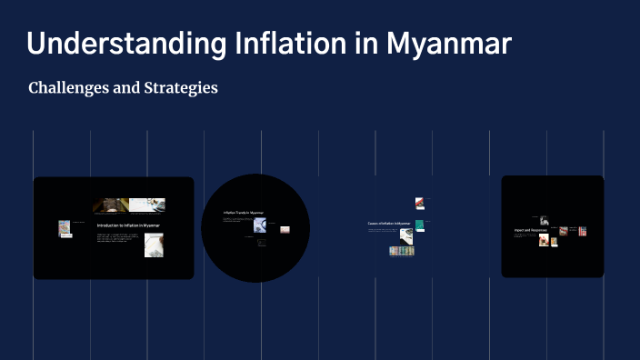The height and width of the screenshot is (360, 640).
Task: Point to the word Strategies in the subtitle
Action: coord(178,89)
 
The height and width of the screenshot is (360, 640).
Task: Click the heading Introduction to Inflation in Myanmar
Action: coord(128,225)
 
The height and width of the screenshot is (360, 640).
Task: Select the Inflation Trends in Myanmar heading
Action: coord(243,213)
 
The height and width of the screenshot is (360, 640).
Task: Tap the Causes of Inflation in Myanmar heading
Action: coord(389,223)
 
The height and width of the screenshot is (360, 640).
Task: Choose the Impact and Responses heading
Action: coord(531,231)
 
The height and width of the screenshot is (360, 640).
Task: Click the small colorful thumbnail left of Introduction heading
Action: coord(65,228)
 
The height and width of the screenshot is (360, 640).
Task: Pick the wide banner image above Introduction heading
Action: coord(128,205)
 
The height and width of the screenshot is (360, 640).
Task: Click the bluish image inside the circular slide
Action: coord(259,221)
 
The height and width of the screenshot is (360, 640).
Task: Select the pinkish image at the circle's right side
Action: coord(285,229)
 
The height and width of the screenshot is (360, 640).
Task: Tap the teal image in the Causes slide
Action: coord(419,224)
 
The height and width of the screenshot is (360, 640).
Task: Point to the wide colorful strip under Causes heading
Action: coord(402,250)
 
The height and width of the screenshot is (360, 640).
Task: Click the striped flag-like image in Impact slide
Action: coord(583,231)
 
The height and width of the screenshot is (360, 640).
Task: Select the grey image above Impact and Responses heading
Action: coord(544,220)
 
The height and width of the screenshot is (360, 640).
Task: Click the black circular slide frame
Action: coord(255,264)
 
